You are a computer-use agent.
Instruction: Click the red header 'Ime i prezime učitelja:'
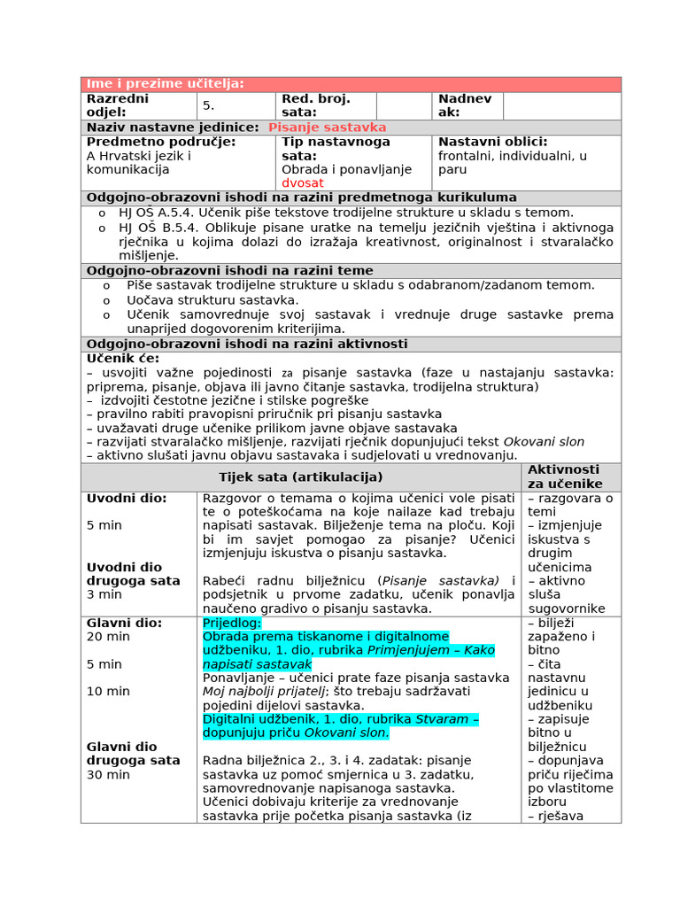point(165,84)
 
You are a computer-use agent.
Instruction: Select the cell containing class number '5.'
point(209,105)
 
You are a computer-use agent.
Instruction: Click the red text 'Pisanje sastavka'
point(327,128)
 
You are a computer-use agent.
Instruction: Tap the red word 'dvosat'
point(303,183)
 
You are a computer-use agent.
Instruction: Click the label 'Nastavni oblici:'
point(492,142)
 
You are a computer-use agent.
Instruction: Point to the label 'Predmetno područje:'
point(161,142)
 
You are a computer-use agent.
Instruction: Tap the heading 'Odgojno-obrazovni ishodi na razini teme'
point(229,271)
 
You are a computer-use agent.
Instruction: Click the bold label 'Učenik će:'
point(123,359)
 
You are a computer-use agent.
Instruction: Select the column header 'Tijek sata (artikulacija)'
point(301,477)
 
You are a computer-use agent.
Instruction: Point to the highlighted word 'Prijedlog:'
point(232,623)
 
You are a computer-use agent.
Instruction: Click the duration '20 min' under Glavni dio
point(108,637)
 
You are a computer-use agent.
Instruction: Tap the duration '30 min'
point(108,775)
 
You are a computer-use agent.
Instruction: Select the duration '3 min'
point(104,594)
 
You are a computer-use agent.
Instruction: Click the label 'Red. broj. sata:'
point(316,105)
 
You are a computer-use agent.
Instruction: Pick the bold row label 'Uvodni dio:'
point(127,499)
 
